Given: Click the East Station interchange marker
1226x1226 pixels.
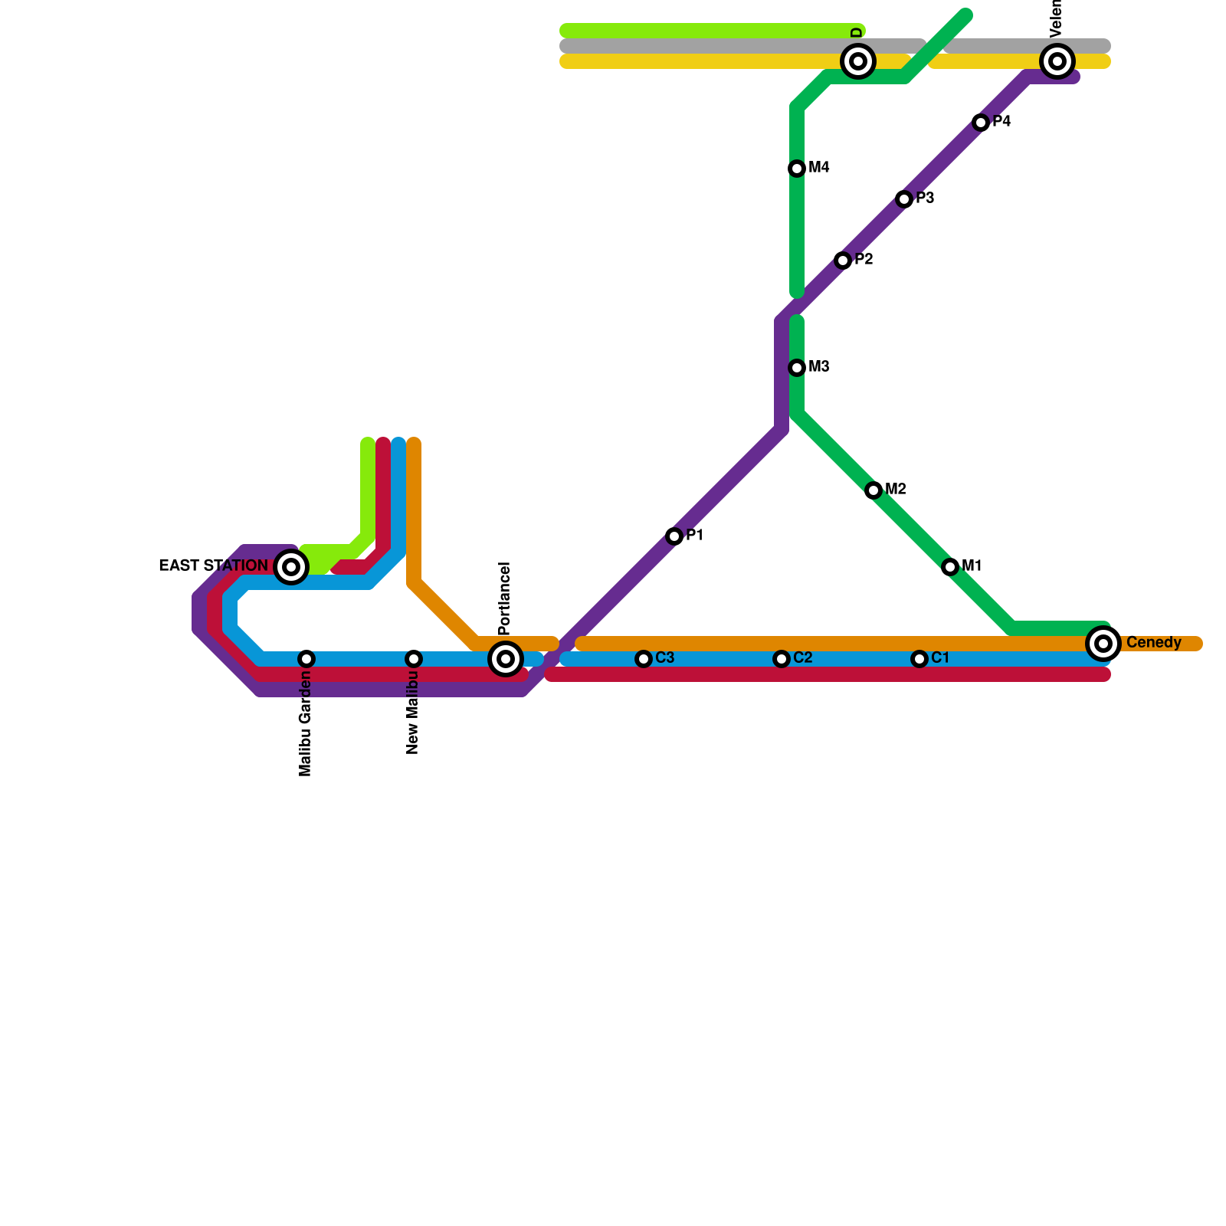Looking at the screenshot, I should click(x=291, y=567).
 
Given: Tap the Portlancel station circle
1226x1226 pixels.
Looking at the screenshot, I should click(x=506, y=659).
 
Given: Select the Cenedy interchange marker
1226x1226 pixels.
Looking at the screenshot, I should click(x=1103, y=644).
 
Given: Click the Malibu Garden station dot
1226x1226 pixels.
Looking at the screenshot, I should click(x=306, y=659).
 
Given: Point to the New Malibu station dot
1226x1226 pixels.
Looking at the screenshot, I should click(x=414, y=659).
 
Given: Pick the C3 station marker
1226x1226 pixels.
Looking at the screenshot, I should click(x=644, y=659).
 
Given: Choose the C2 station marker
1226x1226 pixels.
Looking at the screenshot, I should click(x=781, y=659).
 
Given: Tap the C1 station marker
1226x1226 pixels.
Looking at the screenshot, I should click(x=919, y=659).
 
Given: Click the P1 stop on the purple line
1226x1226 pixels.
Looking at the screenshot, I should click(x=674, y=536).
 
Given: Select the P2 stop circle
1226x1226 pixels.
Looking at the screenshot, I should click(x=843, y=261).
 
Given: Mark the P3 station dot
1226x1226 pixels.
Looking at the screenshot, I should click(x=904, y=199).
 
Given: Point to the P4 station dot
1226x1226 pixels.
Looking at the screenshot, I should click(x=981, y=123).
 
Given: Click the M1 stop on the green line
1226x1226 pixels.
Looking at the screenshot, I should click(x=950, y=567).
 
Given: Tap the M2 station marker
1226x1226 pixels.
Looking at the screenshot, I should click(x=874, y=490).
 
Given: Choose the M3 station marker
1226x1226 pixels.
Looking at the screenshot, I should click(x=797, y=368).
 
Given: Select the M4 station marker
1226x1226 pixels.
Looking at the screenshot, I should click(x=797, y=169).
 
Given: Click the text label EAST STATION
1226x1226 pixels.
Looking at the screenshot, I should click(x=213, y=566).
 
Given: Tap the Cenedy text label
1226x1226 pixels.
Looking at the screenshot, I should click(x=1153, y=643).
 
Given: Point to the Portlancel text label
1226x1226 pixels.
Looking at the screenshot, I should click(x=504, y=598).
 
